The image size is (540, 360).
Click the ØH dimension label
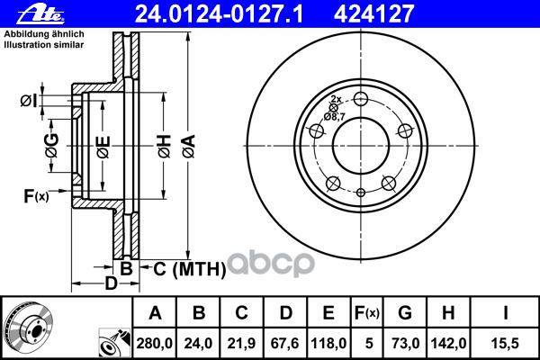click(x=164, y=143)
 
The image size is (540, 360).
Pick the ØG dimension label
click(x=52, y=144)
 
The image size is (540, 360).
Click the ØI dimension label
click(x=29, y=101)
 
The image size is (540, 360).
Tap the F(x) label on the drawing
click(x=36, y=196)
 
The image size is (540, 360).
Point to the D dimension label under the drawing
click(x=111, y=285)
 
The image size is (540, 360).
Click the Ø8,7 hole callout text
click(x=335, y=116)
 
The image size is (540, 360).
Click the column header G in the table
click(x=404, y=313)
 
